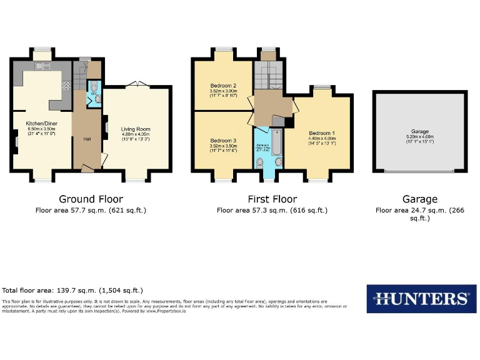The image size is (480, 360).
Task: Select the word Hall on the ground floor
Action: point(87,139)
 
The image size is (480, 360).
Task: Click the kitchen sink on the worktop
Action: point(42,67)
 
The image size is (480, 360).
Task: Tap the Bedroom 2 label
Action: point(223,86)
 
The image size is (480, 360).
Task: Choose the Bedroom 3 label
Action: point(223,141)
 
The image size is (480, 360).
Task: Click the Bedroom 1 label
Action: point(322,133)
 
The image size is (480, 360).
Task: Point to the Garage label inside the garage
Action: point(420,132)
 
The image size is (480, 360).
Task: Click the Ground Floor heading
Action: point(90,199)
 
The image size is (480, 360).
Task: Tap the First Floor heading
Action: point(271,199)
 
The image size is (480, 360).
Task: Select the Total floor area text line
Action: point(72,291)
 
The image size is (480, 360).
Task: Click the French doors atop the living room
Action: point(137,84)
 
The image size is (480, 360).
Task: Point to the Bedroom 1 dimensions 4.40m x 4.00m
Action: point(322,139)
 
